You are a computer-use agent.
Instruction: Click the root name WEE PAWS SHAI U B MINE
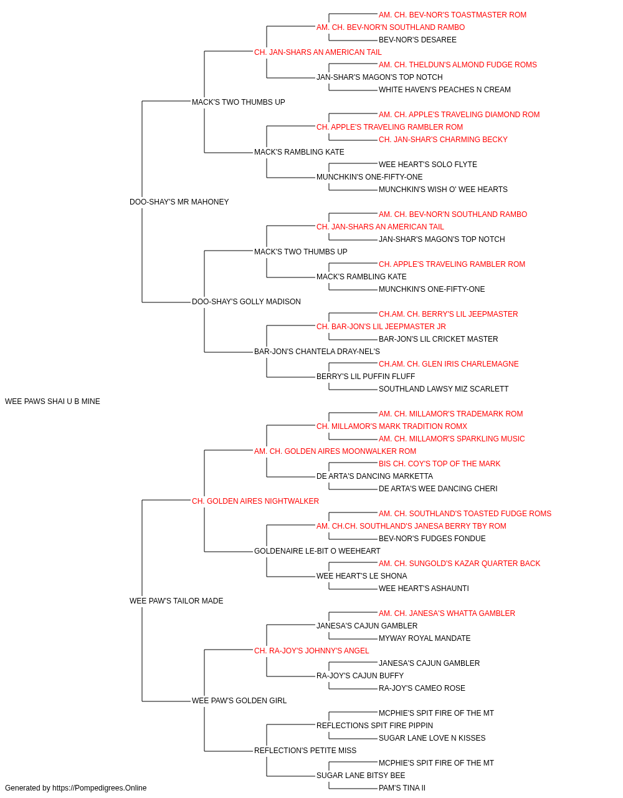(52, 401)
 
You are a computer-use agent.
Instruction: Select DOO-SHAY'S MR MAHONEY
(179, 202)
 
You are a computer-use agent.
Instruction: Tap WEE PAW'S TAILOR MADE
(176, 601)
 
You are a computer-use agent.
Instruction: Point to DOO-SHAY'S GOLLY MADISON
(246, 302)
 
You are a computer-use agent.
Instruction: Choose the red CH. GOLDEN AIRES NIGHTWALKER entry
(255, 501)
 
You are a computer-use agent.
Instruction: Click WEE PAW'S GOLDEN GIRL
(239, 701)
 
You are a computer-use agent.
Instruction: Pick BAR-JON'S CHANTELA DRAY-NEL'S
(317, 352)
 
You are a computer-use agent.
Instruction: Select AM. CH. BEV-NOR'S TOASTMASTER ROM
(452, 15)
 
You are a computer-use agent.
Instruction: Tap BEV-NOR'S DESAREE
(417, 40)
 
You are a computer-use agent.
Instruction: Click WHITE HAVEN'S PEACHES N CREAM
(445, 90)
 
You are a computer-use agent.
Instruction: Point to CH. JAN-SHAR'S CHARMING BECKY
(443, 140)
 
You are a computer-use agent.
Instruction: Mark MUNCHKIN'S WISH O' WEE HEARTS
(443, 190)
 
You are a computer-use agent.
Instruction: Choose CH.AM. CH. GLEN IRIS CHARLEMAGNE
(449, 364)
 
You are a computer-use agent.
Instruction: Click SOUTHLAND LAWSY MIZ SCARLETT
(444, 389)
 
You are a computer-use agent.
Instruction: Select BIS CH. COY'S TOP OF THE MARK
(440, 464)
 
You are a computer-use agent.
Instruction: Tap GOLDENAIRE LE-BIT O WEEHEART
(317, 551)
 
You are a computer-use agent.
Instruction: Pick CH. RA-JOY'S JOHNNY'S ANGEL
(311, 651)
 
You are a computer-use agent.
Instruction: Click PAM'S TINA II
(402, 788)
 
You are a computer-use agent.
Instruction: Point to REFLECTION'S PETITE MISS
(305, 751)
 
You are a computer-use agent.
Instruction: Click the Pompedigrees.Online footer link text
(100, 788)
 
